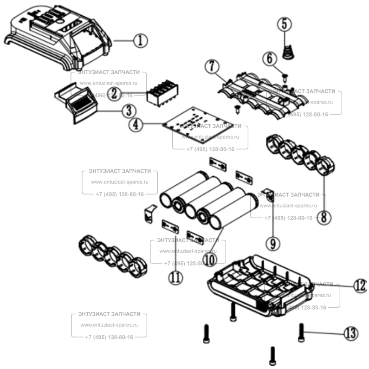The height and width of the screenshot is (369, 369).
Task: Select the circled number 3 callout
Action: (129, 110)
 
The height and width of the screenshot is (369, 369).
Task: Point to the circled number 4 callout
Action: (135, 125)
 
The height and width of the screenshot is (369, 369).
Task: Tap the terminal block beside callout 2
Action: (162, 95)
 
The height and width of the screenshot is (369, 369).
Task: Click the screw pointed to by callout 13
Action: (302, 331)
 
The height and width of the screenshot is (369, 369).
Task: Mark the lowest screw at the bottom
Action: (273, 356)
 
